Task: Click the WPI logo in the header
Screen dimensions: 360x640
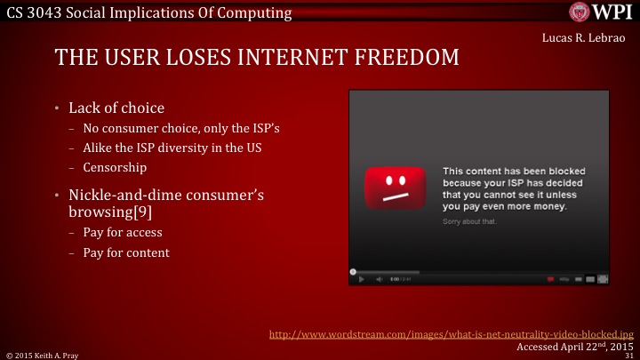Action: point(604,12)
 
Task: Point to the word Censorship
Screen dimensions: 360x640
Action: point(115,166)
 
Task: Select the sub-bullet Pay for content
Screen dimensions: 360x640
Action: point(126,252)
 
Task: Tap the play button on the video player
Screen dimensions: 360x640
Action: point(361,279)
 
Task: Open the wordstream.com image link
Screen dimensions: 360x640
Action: point(451,335)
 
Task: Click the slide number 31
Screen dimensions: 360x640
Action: point(629,355)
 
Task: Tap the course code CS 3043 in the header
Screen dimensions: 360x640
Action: point(36,12)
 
